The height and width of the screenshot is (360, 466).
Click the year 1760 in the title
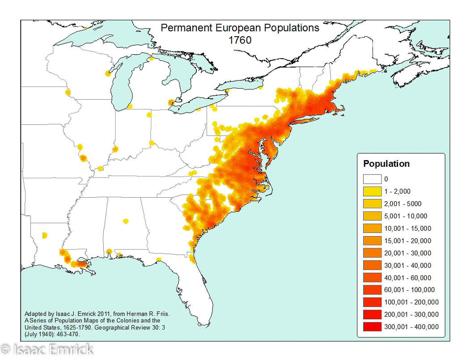(240, 40)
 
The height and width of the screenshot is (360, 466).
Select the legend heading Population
(386, 164)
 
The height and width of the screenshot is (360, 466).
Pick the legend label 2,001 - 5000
(402, 204)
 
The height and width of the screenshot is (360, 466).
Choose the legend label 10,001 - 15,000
(407, 229)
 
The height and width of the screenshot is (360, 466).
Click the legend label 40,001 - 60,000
(407, 278)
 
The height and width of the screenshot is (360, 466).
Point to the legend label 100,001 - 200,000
(411, 302)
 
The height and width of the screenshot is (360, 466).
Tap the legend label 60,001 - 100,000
(409, 290)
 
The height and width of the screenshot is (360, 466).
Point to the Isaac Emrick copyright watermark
(47, 349)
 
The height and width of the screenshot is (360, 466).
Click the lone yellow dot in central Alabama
(126, 221)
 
